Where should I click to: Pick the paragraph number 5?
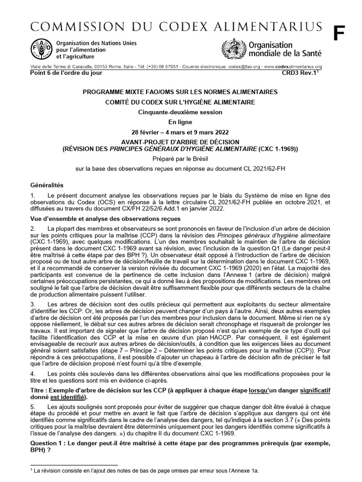coord(32,406)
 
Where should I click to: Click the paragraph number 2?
coord(32,228)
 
